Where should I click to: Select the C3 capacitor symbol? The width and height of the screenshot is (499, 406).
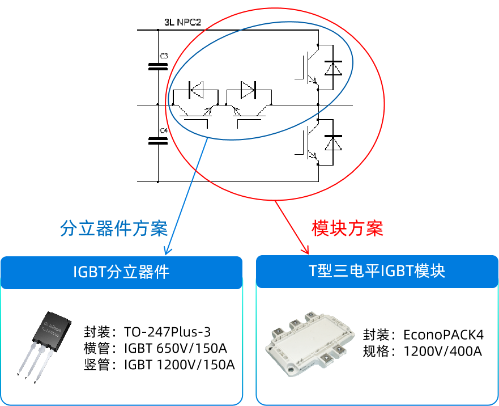157,66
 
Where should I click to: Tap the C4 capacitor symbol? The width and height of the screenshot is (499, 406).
157,140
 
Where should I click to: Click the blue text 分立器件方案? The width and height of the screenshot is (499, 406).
114,229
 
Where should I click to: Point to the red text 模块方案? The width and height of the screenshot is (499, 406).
347,228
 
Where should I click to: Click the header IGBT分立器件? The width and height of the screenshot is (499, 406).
122,272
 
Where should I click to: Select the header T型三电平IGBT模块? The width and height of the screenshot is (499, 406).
377,271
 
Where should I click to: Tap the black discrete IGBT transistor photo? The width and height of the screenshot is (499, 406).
44,344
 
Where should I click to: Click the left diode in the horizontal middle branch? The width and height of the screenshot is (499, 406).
197,89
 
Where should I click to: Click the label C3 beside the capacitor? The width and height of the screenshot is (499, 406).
164,56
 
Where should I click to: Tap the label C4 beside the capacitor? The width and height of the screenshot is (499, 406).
164,130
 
